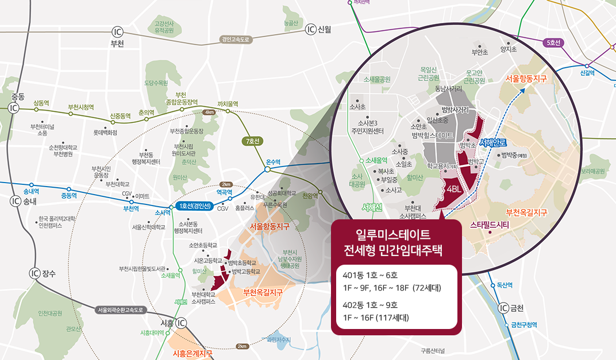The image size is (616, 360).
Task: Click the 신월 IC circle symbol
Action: [311, 29]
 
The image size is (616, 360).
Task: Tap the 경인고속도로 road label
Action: [236, 40]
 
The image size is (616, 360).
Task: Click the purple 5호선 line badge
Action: [553, 42]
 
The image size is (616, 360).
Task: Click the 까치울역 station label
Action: [228, 103]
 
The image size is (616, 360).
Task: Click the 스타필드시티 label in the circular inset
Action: [490, 224]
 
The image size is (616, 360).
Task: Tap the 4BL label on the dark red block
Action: [453, 188]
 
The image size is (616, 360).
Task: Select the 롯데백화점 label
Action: [105, 131]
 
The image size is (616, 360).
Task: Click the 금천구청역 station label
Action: [524, 324]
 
